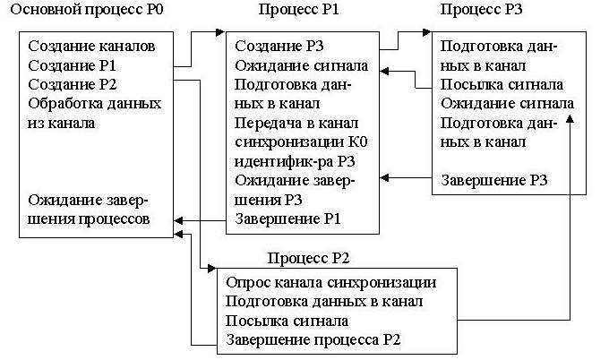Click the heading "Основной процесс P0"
pyautogui.click(x=87, y=10)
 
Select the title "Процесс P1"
pyautogui.click(x=298, y=10)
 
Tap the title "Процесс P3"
pyautogui.click(x=481, y=10)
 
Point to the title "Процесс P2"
pyautogui.click(x=308, y=258)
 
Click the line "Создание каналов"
pyautogui.click(x=91, y=47)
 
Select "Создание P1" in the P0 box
pyautogui.click(x=73, y=65)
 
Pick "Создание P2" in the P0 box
pyautogui.click(x=73, y=85)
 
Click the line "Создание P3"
pyautogui.click(x=279, y=47)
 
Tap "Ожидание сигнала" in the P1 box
pyautogui.click(x=302, y=65)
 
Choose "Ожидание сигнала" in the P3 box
pyautogui.click(x=507, y=104)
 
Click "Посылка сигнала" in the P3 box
pyautogui.click(x=502, y=85)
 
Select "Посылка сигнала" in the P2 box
pyautogui.click(x=287, y=321)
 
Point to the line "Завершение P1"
pyautogui.click(x=287, y=219)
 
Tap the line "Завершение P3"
pyautogui.click(x=494, y=181)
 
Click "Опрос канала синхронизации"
pyautogui.click(x=330, y=283)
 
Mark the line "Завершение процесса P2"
pyautogui.click(x=313, y=340)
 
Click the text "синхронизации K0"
pyautogui.click(x=301, y=142)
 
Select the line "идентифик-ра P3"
pyautogui.click(x=295, y=161)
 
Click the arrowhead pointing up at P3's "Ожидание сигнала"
pyautogui.click(x=570, y=119)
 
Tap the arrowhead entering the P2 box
pyautogui.click(x=212, y=269)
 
